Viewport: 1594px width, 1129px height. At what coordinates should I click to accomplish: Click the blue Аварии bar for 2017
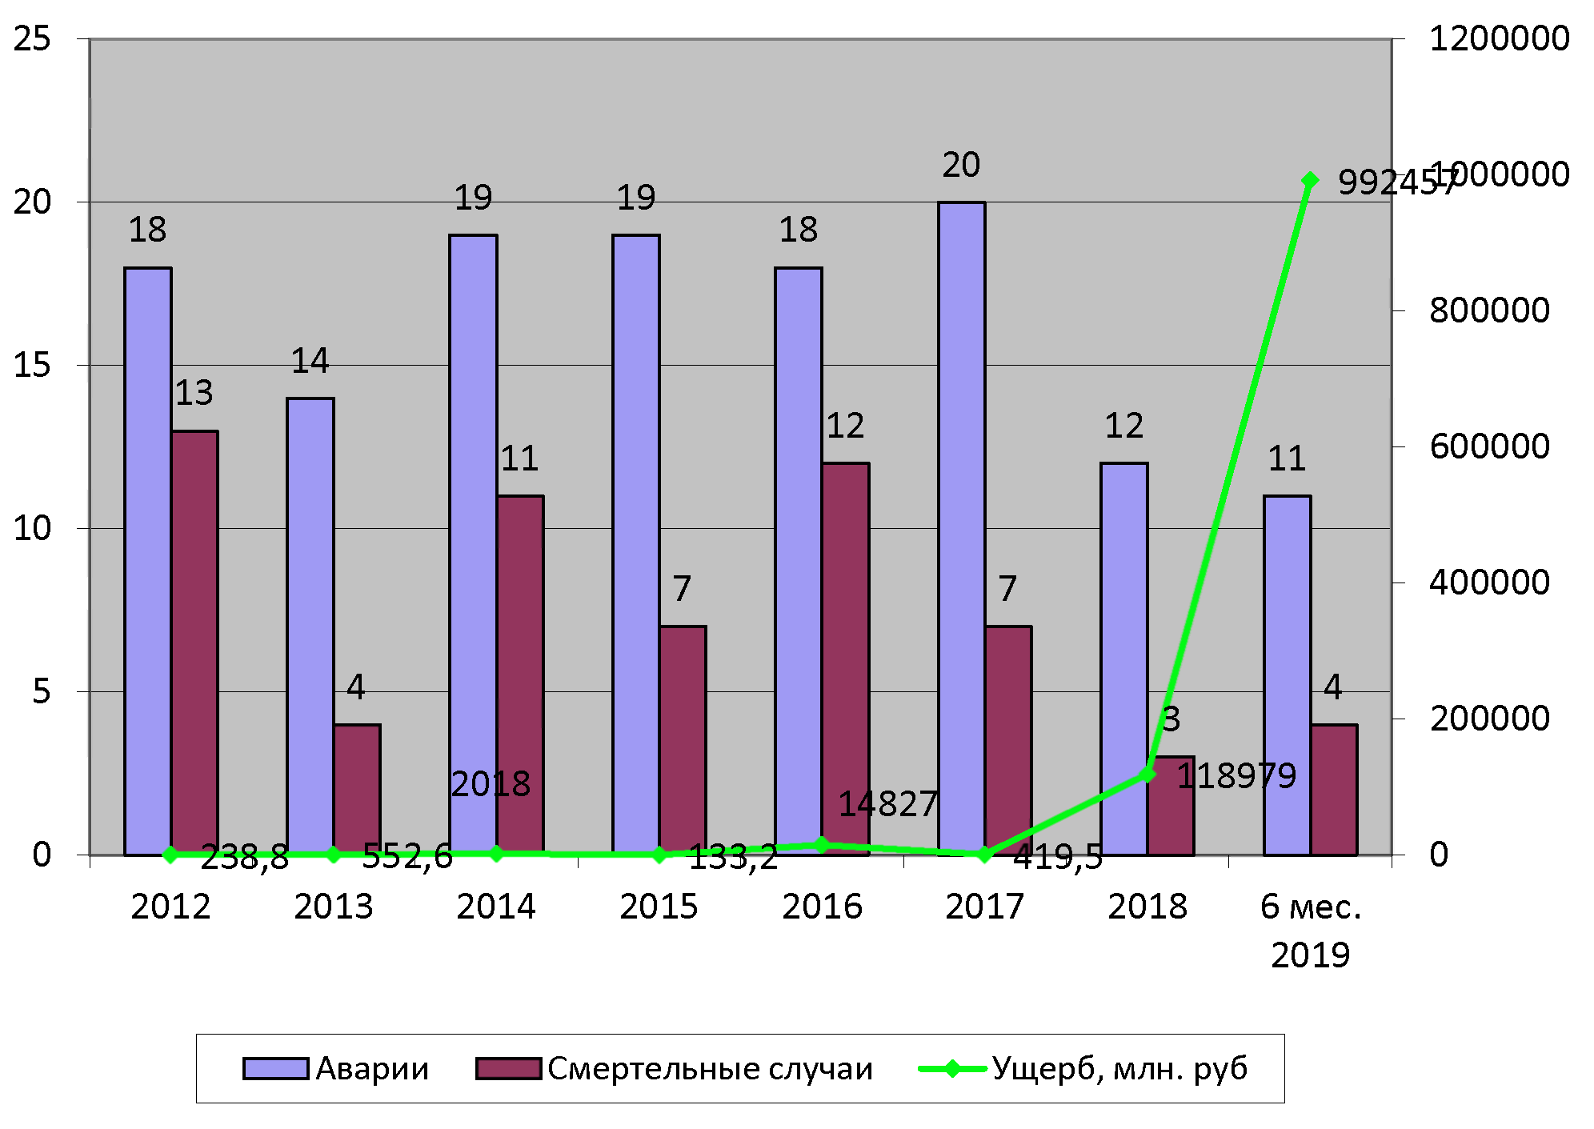(x=961, y=528)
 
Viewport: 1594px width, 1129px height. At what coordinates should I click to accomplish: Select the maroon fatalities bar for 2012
(x=194, y=640)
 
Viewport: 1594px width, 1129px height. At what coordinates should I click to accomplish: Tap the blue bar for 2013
(x=310, y=624)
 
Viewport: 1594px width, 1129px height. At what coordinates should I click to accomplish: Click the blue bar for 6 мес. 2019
(x=1287, y=672)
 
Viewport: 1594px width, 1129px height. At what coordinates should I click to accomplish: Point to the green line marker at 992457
(x=1310, y=180)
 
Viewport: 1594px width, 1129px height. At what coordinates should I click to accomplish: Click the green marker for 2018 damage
(x=1147, y=774)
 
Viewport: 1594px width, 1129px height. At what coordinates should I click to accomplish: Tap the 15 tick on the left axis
(x=32, y=366)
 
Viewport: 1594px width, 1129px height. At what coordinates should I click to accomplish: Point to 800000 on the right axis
(x=1489, y=310)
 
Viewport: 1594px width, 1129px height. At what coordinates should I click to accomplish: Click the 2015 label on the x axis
(x=659, y=907)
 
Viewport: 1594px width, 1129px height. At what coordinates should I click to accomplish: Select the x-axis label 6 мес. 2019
(x=1310, y=930)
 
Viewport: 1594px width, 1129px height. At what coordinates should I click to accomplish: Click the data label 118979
(x=1236, y=776)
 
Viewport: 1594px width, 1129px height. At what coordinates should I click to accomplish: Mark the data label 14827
(x=887, y=804)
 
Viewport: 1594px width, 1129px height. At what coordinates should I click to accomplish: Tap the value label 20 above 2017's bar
(x=961, y=166)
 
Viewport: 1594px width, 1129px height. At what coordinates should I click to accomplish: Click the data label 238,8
(x=244, y=858)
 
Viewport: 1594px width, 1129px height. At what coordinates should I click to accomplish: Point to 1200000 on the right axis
(x=1499, y=38)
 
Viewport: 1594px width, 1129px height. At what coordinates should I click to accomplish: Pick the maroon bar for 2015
(x=683, y=740)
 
